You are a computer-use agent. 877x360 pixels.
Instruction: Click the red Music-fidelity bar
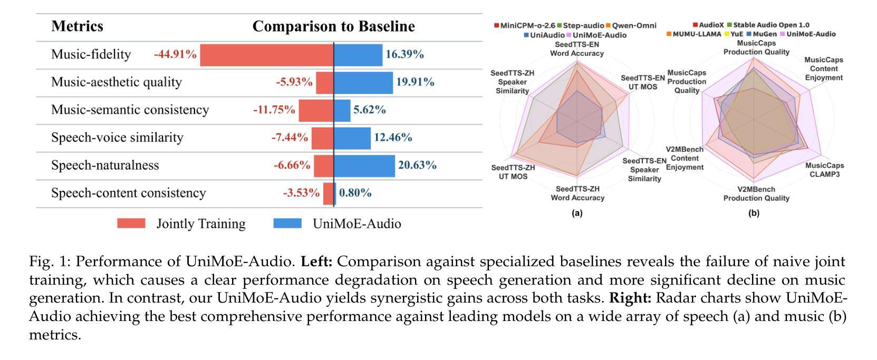tap(266, 55)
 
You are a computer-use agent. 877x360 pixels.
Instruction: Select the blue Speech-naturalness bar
tap(364, 166)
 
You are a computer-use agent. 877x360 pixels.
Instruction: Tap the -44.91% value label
tap(175, 54)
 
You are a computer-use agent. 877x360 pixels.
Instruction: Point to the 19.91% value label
tap(415, 82)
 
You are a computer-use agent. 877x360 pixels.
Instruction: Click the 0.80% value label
tap(355, 193)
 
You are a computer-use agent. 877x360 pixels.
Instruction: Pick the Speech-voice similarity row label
tap(117, 138)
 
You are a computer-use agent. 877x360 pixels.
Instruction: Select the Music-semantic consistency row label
tap(130, 110)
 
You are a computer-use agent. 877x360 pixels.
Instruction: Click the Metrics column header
tap(77, 26)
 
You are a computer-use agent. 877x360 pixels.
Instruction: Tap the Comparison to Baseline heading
tap(333, 26)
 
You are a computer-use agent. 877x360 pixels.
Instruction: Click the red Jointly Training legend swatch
tap(131, 223)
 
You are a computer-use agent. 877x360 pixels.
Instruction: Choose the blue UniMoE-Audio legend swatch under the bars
tap(287, 223)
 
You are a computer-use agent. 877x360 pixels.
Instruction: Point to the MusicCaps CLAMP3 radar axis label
tap(824, 170)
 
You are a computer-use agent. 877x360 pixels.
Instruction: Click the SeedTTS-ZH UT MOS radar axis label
tap(513, 172)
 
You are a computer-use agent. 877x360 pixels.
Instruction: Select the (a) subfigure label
tap(577, 213)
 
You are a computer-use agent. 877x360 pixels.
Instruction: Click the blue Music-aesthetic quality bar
tap(363, 82)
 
